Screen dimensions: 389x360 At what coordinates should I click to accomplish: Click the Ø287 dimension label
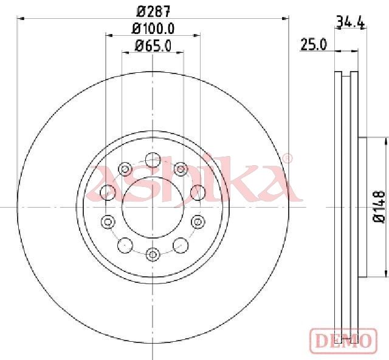[154, 12]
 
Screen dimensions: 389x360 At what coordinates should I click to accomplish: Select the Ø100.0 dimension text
[153, 29]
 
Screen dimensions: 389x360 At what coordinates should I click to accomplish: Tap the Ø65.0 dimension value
[153, 46]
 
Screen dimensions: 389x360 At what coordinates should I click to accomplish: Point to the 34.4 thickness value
[351, 22]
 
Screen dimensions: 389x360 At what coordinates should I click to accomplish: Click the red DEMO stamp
[344, 341]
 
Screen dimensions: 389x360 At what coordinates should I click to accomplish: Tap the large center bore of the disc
[153, 208]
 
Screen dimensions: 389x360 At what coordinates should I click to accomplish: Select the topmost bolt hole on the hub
[153, 160]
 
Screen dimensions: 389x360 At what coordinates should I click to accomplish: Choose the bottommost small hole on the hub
[153, 254]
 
